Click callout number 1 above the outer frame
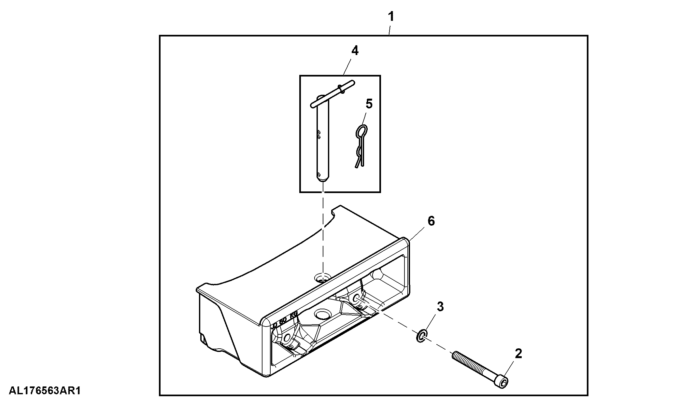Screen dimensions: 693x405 [x=391, y=16]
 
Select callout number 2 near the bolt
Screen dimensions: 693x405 [x=518, y=354]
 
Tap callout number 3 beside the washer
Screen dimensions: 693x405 [x=440, y=307]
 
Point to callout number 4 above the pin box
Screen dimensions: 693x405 [x=355, y=51]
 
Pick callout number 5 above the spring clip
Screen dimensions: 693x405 [x=369, y=104]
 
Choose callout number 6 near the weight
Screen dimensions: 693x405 [x=431, y=221]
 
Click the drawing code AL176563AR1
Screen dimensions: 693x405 [x=45, y=391]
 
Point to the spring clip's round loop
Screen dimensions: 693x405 [x=361, y=131]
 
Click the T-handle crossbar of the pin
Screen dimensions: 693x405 [x=333, y=93]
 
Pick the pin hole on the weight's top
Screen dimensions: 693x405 [x=322, y=278]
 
